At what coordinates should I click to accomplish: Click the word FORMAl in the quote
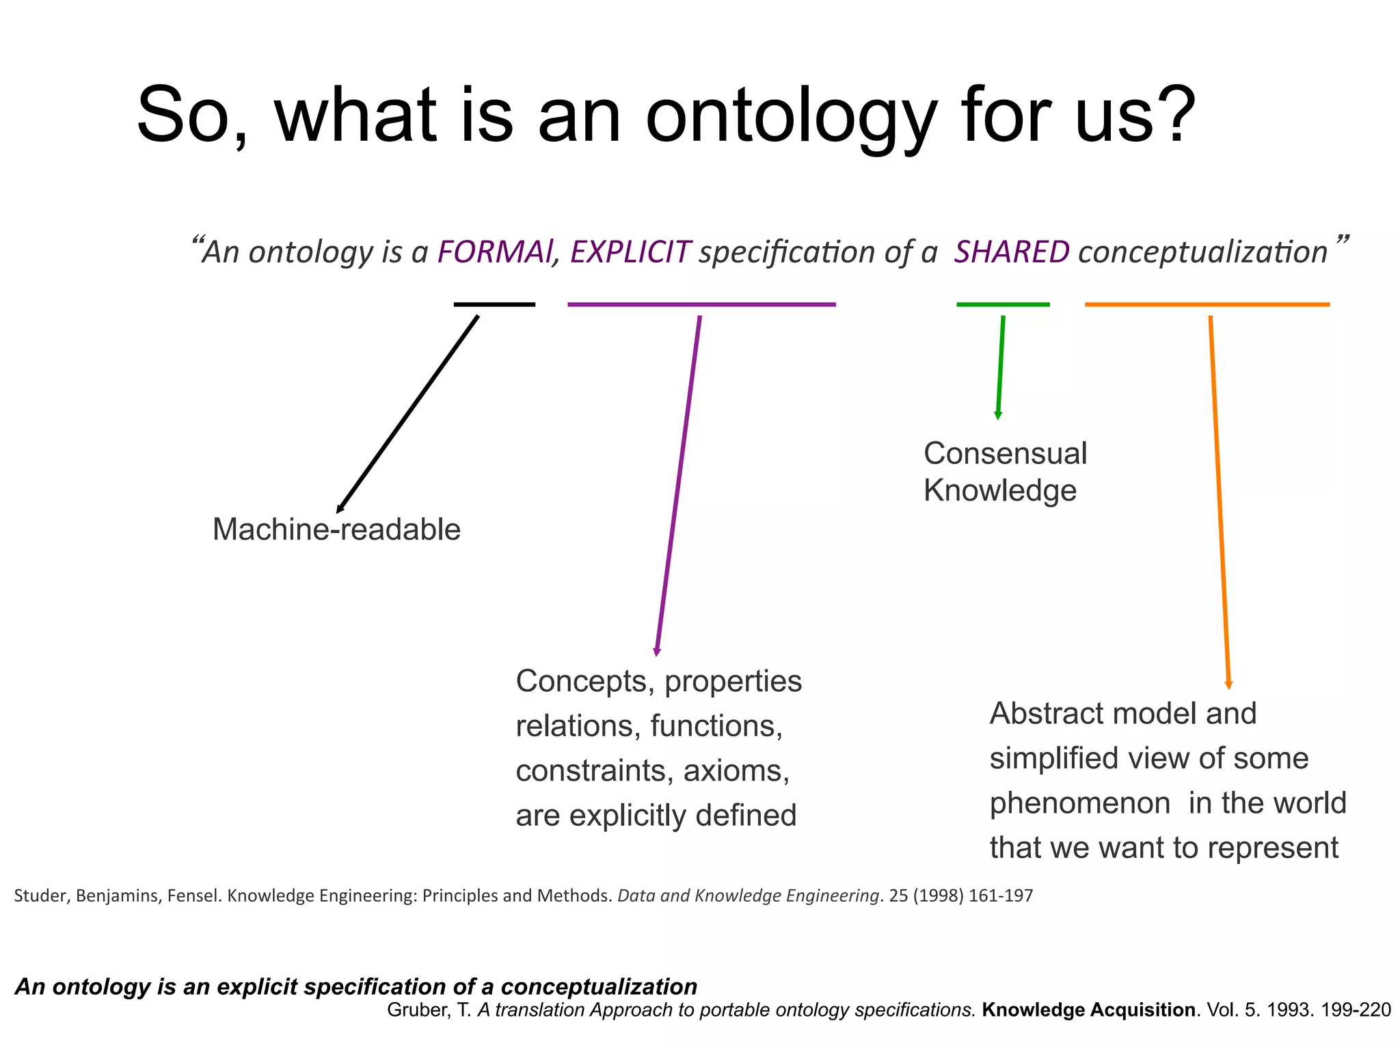coord(494,252)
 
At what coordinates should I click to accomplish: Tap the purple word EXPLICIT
coord(630,252)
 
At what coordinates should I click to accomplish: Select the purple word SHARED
coord(1012,252)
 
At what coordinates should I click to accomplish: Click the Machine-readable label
coord(336,530)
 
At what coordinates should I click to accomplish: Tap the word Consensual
coord(1005,454)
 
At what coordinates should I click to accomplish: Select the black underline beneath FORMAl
coord(494,304)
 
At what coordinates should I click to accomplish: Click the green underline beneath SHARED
coord(1003,304)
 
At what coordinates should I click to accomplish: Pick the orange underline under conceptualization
coord(1207,304)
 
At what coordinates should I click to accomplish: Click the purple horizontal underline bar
coord(701,304)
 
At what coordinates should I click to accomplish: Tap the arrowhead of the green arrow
coord(998,416)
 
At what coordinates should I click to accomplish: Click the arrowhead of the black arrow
coord(340,509)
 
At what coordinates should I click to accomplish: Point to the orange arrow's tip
coord(1228,686)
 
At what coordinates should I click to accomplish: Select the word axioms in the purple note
coord(736,771)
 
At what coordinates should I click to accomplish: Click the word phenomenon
coord(1080,803)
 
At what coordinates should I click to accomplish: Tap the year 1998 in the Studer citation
coord(939,896)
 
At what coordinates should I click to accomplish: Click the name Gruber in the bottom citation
coord(418,1010)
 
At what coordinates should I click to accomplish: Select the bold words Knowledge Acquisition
coord(1089,1010)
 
